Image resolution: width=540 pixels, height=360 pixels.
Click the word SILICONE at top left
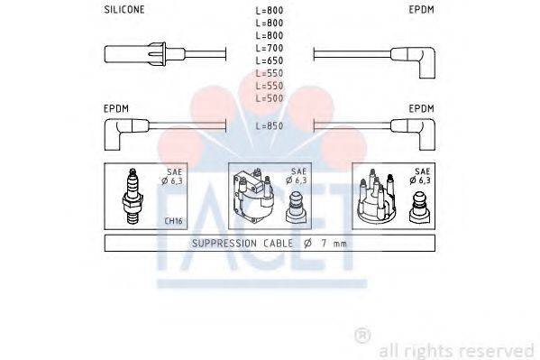tap(125, 9)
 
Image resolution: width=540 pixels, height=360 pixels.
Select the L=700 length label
tap(270, 46)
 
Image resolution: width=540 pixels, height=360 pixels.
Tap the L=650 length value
tap(270, 59)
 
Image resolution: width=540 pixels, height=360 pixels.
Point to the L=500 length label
tap(270, 97)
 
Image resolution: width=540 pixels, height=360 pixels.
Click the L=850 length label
tap(270, 126)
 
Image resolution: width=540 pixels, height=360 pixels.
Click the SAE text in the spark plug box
tap(173, 171)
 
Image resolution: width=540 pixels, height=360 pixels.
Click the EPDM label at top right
tap(421, 9)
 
